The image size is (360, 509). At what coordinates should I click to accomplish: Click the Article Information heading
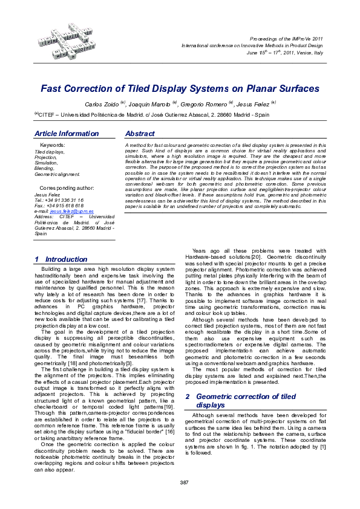click(x=67, y=133)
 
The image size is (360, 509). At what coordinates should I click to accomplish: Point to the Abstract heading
click(x=140, y=133)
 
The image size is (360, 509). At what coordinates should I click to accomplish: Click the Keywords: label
click(x=51, y=146)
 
